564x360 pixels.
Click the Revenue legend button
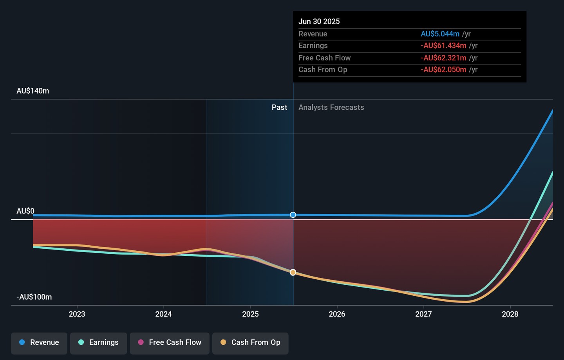click(x=39, y=342)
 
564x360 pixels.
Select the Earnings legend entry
click(x=98, y=342)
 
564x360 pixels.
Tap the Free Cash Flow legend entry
click(x=170, y=342)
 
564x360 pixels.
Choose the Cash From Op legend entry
click(x=250, y=342)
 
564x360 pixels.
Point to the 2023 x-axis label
click(x=77, y=314)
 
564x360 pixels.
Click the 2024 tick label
click(x=163, y=314)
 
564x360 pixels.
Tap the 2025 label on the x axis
click(x=250, y=314)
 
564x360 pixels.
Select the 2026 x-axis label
click(x=337, y=314)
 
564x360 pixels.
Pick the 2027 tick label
click(x=423, y=314)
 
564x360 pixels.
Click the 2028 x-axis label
click(x=510, y=314)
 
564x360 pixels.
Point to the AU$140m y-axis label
click(x=33, y=91)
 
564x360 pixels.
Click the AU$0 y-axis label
click(x=25, y=211)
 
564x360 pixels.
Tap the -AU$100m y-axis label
click(x=34, y=297)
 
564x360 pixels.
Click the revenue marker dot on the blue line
click(x=293, y=215)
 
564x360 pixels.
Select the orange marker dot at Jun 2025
click(x=293, y=272)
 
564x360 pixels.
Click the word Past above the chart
click(x=279, y=107)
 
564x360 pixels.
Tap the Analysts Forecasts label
click(x=331, y=107)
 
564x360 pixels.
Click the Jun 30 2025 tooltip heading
click(x=319, y=22)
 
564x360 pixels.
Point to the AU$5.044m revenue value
click(x=440, y=34)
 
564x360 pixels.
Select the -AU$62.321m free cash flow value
click(x=443, y=58)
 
